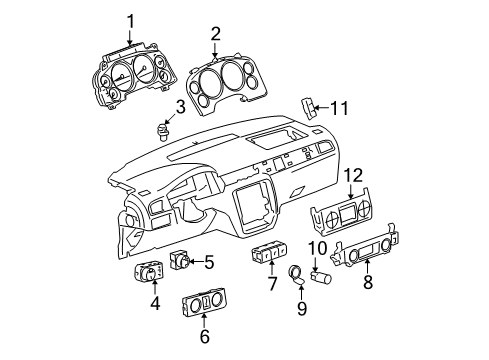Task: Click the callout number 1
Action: [128, 21]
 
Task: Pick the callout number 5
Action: [209, 263]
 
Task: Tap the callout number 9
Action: [299, 309]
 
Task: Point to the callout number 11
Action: [342, 107]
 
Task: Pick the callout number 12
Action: [351, 175]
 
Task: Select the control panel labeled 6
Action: [207, 304]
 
